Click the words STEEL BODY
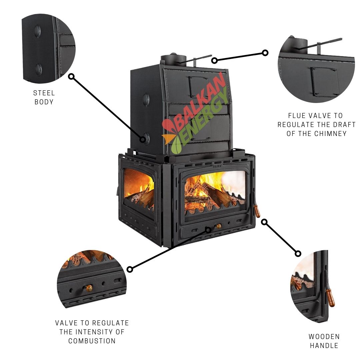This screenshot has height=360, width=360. (44, 97)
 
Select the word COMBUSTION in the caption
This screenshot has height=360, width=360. (92, 341)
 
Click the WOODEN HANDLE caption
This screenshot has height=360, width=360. (324, 341)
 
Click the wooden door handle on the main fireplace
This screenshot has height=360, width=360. (257, 211)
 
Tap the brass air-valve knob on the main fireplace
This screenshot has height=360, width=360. (219, 226)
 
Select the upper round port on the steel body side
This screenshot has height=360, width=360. (146, 98)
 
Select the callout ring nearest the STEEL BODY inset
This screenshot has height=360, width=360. (71, 77)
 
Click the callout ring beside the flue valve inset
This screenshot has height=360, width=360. (265, 53)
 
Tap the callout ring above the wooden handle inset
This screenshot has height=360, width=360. (298, 254)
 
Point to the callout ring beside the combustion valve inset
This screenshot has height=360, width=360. (130, 269)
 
